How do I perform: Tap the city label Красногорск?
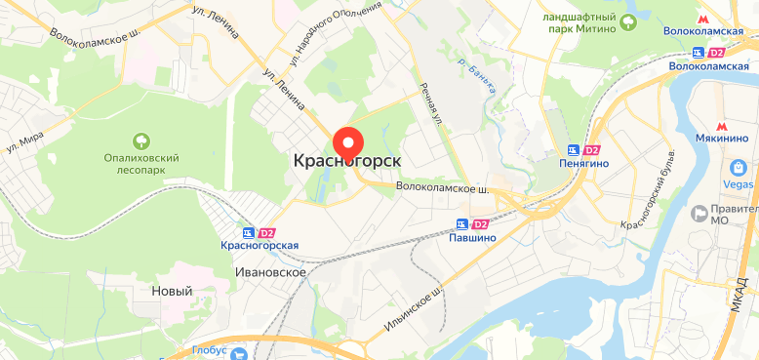tap(347, 160)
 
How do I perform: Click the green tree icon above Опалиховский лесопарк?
tap(143, 140)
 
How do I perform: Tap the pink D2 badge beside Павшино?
tap(480, 224)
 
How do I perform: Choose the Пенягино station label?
tap(584, 164)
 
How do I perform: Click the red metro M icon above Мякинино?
tap(723, 126)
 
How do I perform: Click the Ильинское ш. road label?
tap(415, 301)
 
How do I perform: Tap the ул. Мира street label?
tap(27, 140)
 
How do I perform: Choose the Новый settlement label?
tap(172, 291)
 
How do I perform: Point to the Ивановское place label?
tap(270, 272)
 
